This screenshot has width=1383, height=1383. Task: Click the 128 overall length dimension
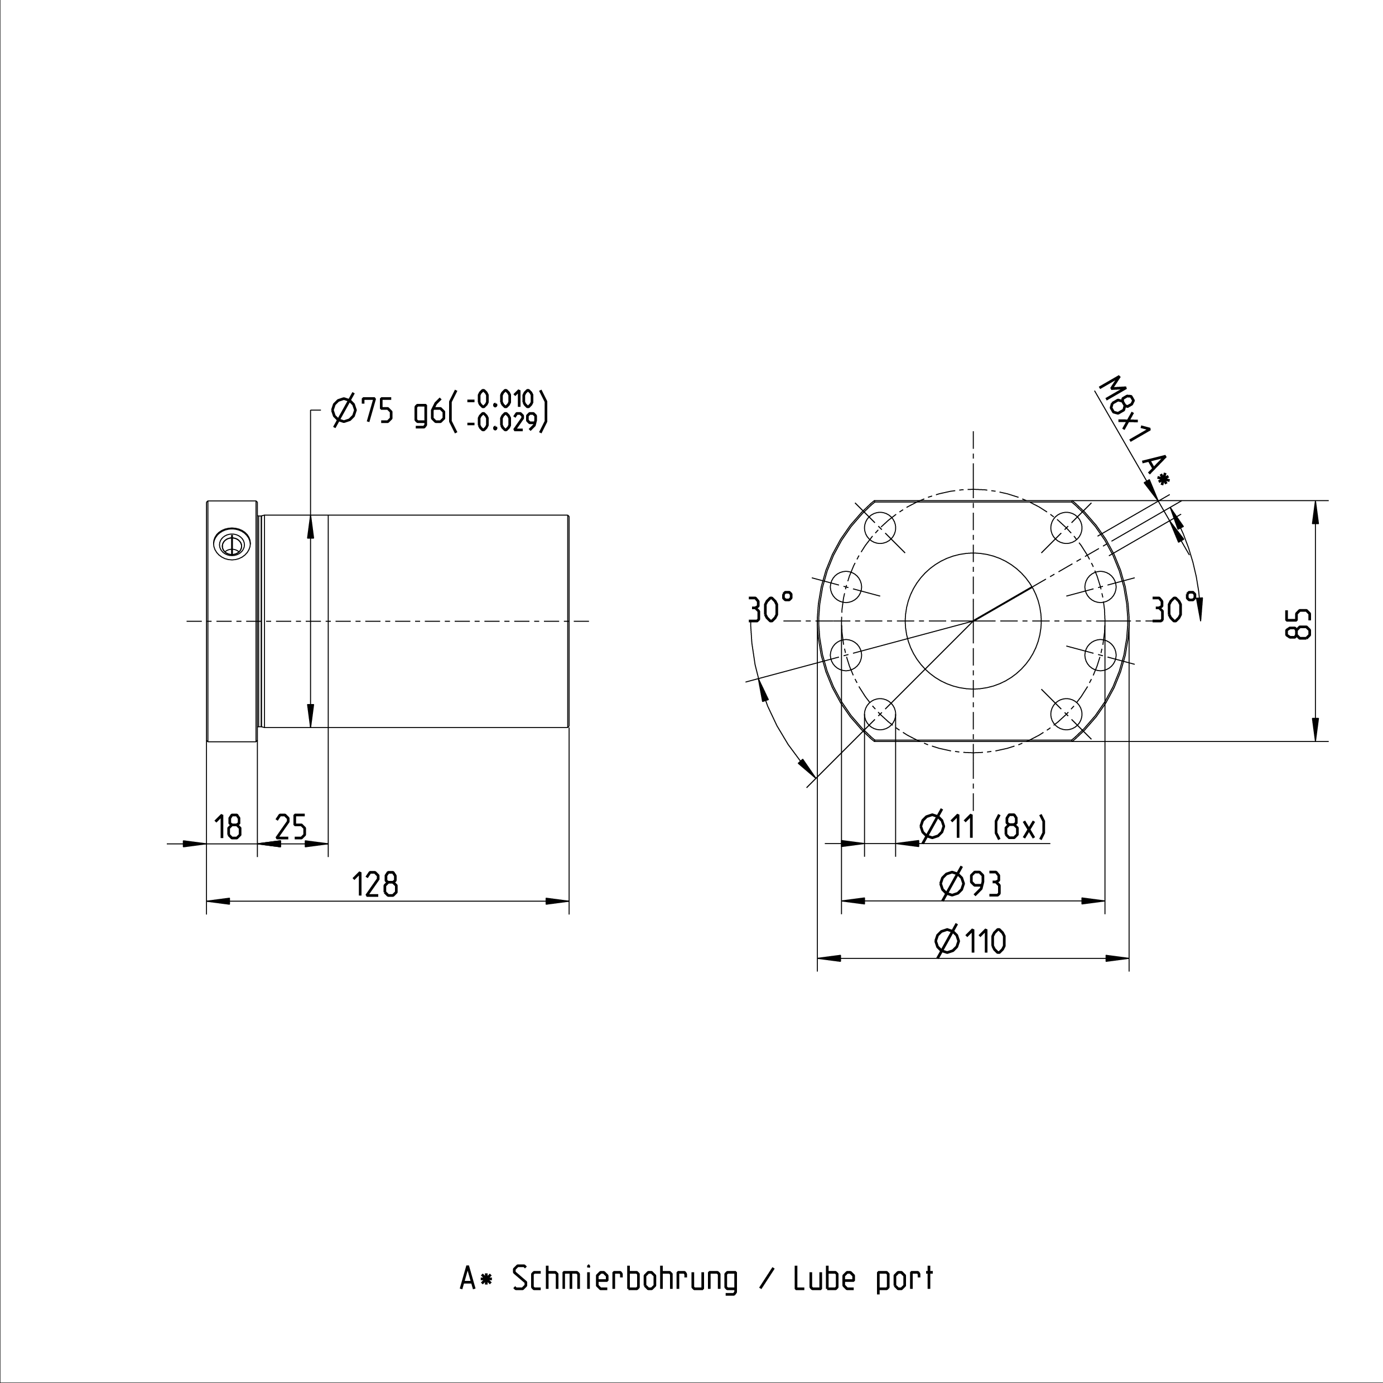pyautogui.click(x=376, y=885)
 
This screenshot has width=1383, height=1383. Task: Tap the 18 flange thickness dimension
pyautogui.click(x=228, y=827)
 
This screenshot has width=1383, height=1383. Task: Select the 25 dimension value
pyautogui.click(x=291, y=827)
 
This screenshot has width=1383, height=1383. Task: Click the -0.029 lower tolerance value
pyautogui.click(x=501, y=423)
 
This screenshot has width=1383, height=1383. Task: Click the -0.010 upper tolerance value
pyautogui.click(x=501, y=399)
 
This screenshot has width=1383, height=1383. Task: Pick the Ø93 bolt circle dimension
pyautogui.click(x=970, y=885)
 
